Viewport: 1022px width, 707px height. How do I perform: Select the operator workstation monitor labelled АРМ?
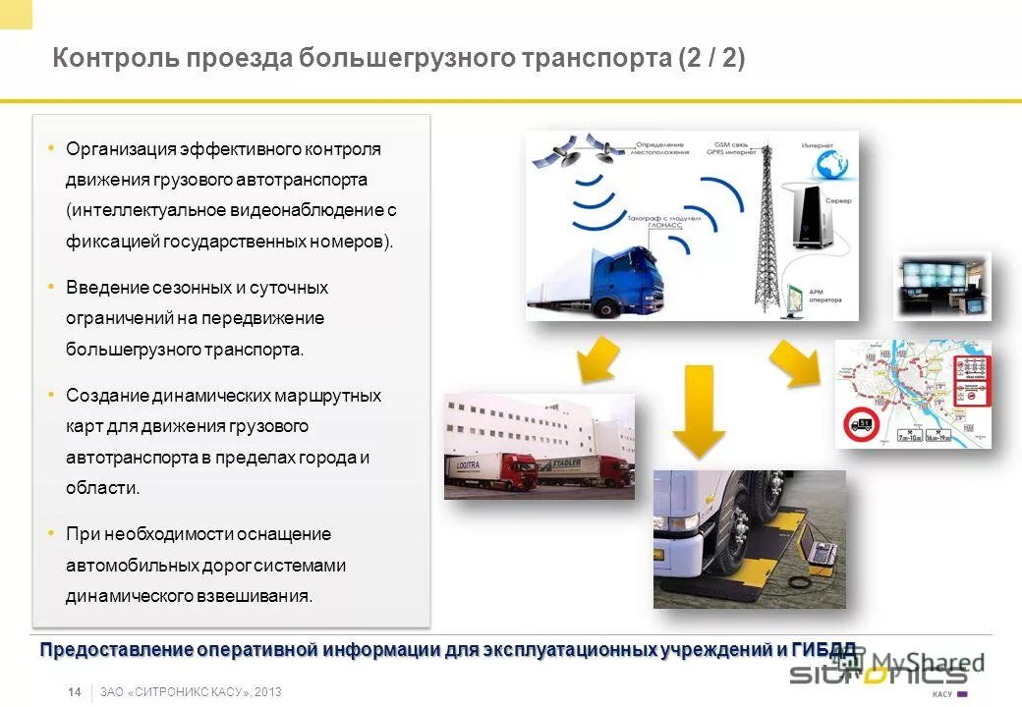[795, 295]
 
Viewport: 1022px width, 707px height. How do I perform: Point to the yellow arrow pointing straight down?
[699, 410]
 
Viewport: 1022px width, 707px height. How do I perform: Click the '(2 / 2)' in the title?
[710, 59]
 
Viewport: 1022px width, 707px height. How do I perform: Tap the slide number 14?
[75, 692]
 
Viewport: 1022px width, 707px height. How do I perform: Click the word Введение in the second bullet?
[105, 288]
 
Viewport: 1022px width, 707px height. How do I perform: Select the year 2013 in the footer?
[267, 692]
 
